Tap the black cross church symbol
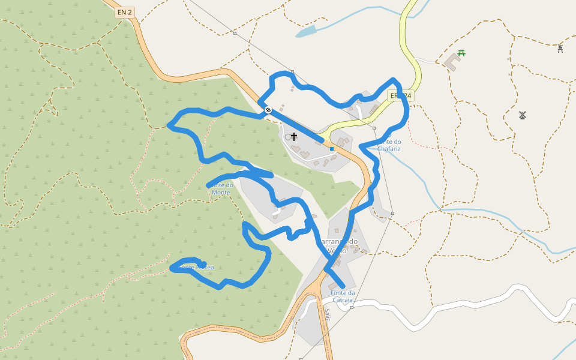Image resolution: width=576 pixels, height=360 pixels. point(294,137)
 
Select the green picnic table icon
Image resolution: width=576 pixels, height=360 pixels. point(461,53)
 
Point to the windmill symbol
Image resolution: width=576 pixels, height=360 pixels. point(522,115)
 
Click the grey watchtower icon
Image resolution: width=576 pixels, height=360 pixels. point(560,49)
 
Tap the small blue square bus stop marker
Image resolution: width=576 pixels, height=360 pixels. point(331,149)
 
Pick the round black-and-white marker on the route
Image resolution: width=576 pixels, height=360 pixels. point(268,110)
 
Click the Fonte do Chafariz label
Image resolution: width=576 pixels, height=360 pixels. point(389,145)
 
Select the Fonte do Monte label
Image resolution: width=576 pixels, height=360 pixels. point(221,188)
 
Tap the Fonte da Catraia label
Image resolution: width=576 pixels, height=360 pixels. point(343,296)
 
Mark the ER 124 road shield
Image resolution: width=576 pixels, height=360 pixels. point(400,96)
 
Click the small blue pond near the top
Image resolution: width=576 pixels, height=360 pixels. point(305,31)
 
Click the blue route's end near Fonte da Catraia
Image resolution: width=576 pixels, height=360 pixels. point(343,286)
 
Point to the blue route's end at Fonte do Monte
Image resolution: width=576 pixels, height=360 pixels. point(208,186)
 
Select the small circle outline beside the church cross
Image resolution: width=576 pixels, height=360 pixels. point(288,137)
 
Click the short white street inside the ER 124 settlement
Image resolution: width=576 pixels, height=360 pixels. point(359,111)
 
